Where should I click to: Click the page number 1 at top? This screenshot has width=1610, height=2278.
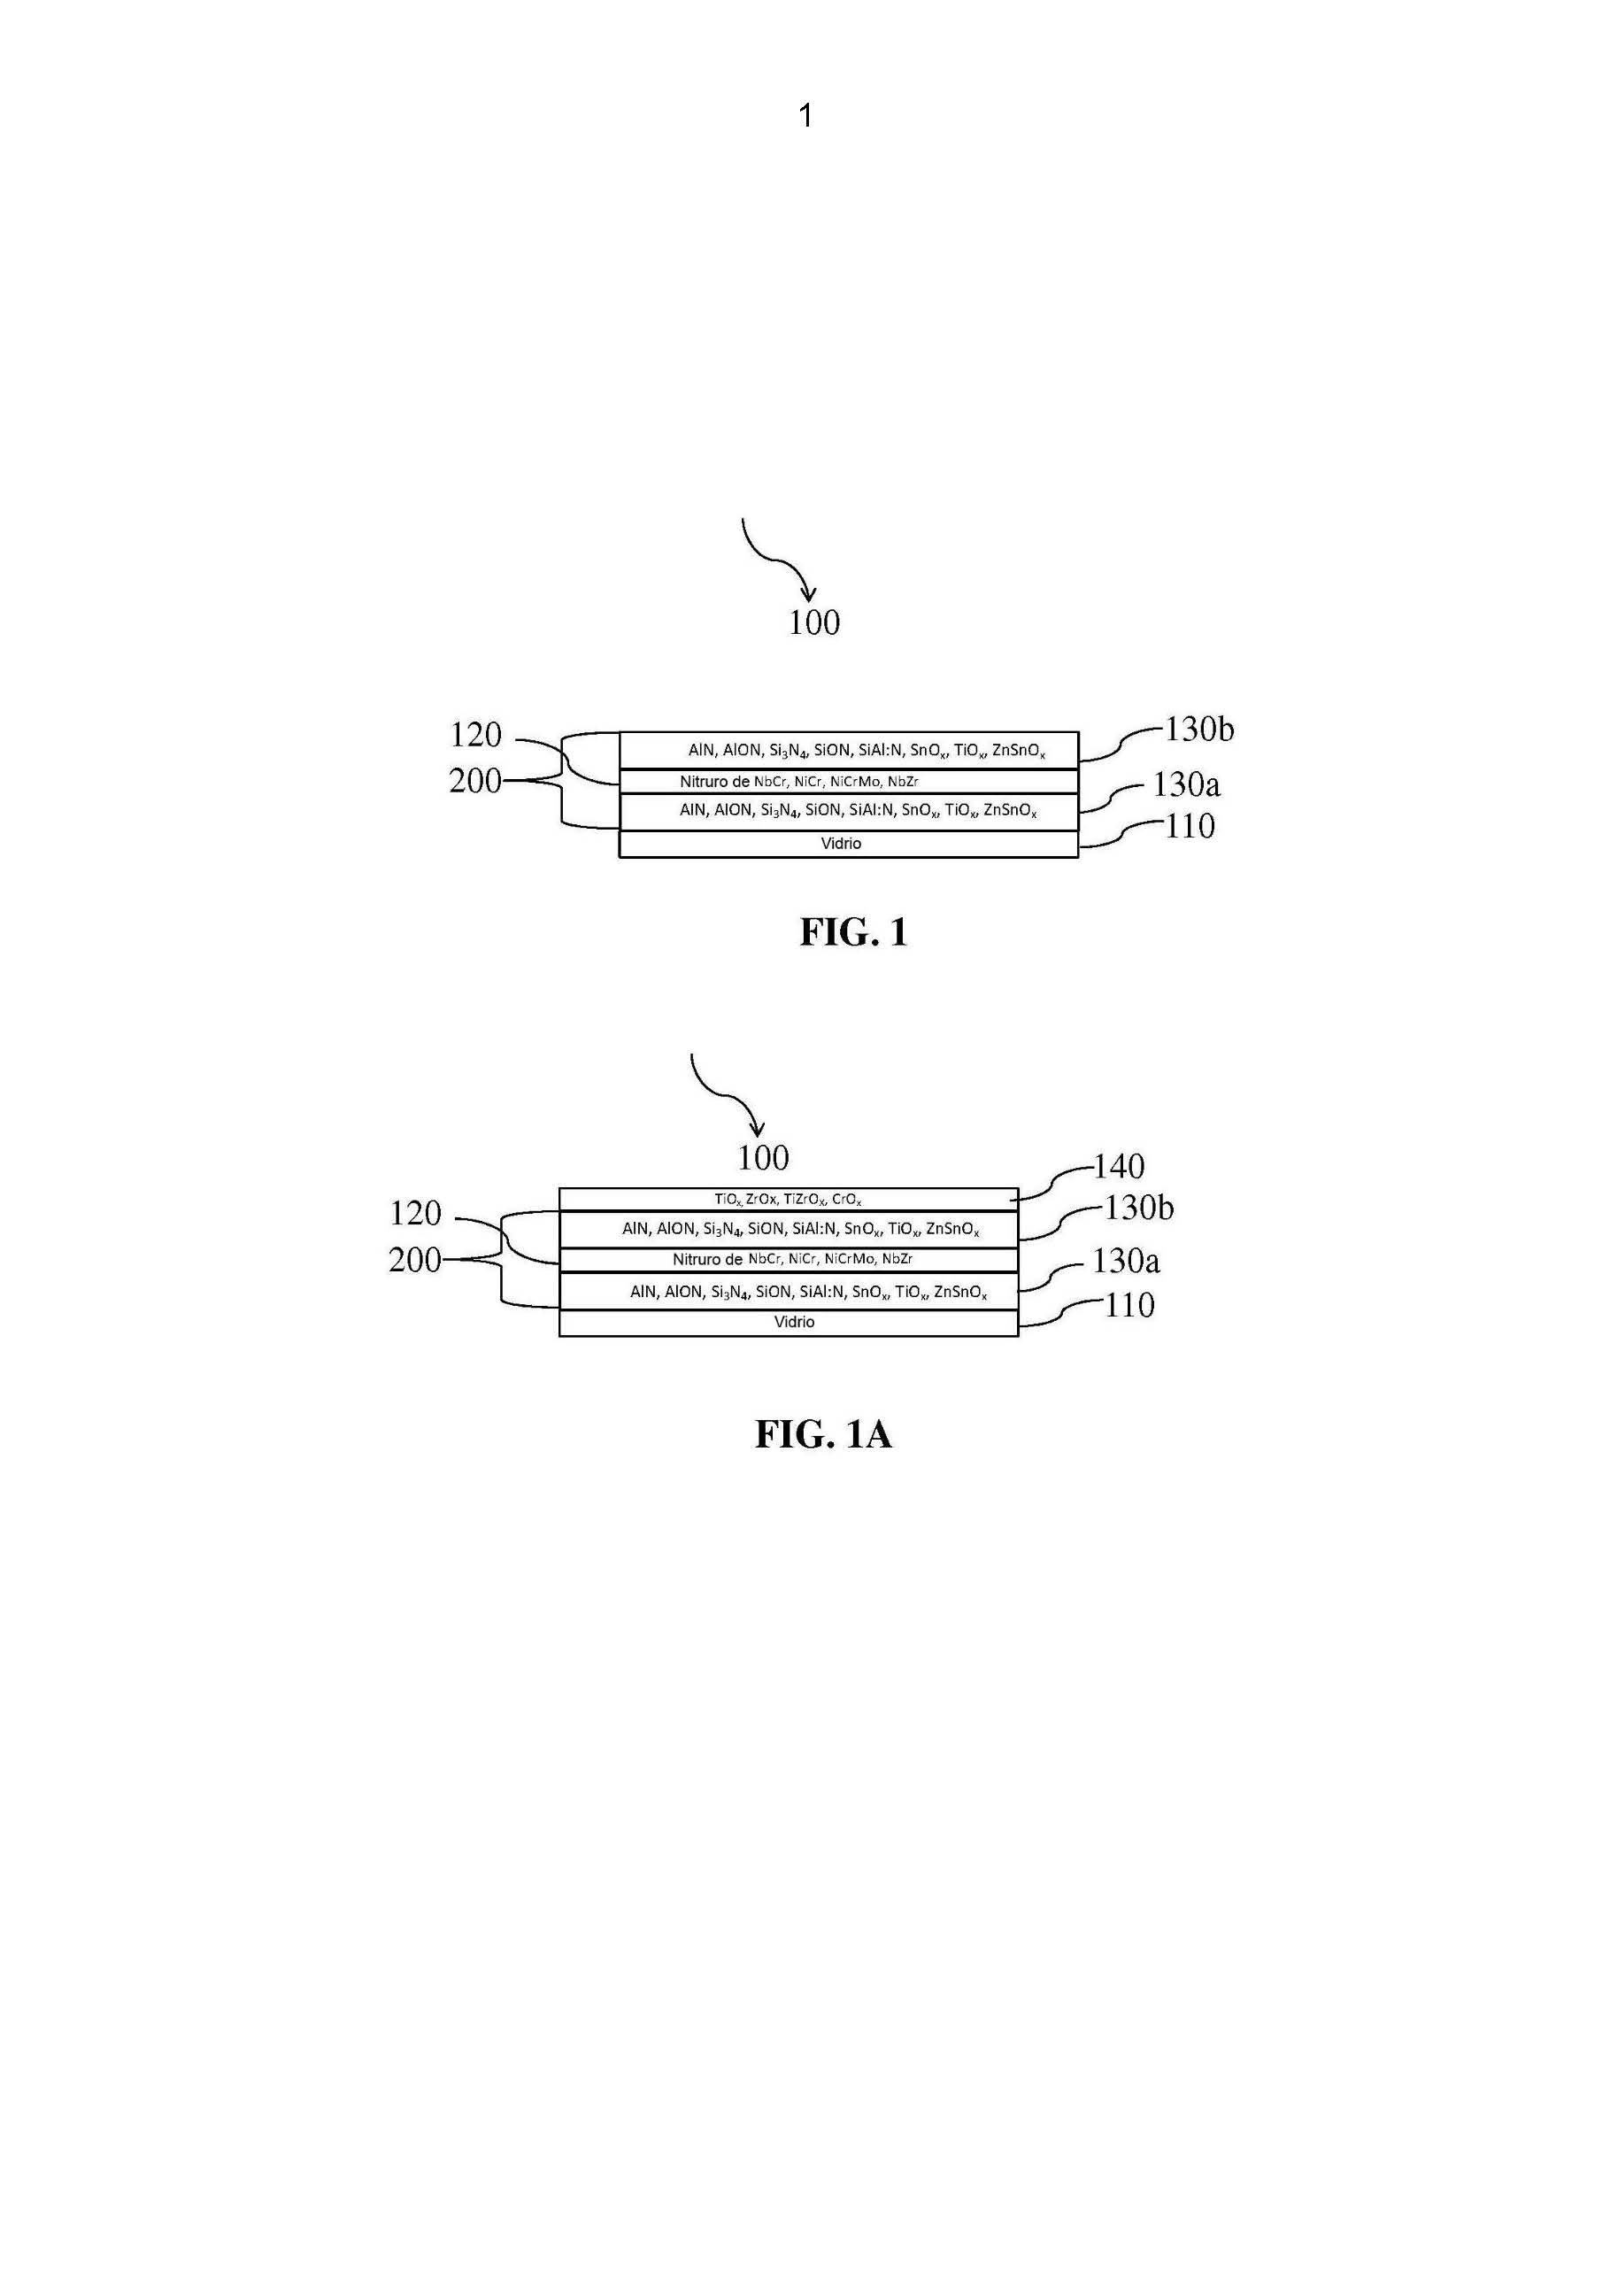805,117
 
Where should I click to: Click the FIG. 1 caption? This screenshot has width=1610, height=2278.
854,931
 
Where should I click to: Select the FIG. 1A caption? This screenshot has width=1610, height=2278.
823,1434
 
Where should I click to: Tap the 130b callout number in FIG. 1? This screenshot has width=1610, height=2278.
1198,730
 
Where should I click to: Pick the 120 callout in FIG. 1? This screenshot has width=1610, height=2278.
476,735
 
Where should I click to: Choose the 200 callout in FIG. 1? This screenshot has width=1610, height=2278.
475,782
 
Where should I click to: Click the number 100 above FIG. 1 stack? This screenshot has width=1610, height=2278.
814,623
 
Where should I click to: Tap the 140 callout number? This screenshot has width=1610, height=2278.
1119,1167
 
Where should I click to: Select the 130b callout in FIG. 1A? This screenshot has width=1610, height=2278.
1139,1208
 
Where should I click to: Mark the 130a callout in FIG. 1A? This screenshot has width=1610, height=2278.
1126,1261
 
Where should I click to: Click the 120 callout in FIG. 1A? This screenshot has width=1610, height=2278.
416,1214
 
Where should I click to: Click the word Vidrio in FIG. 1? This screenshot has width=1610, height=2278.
841,844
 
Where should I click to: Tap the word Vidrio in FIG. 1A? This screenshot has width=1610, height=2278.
795,1322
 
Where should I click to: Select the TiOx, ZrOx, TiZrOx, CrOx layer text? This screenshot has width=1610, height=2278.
788,1200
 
